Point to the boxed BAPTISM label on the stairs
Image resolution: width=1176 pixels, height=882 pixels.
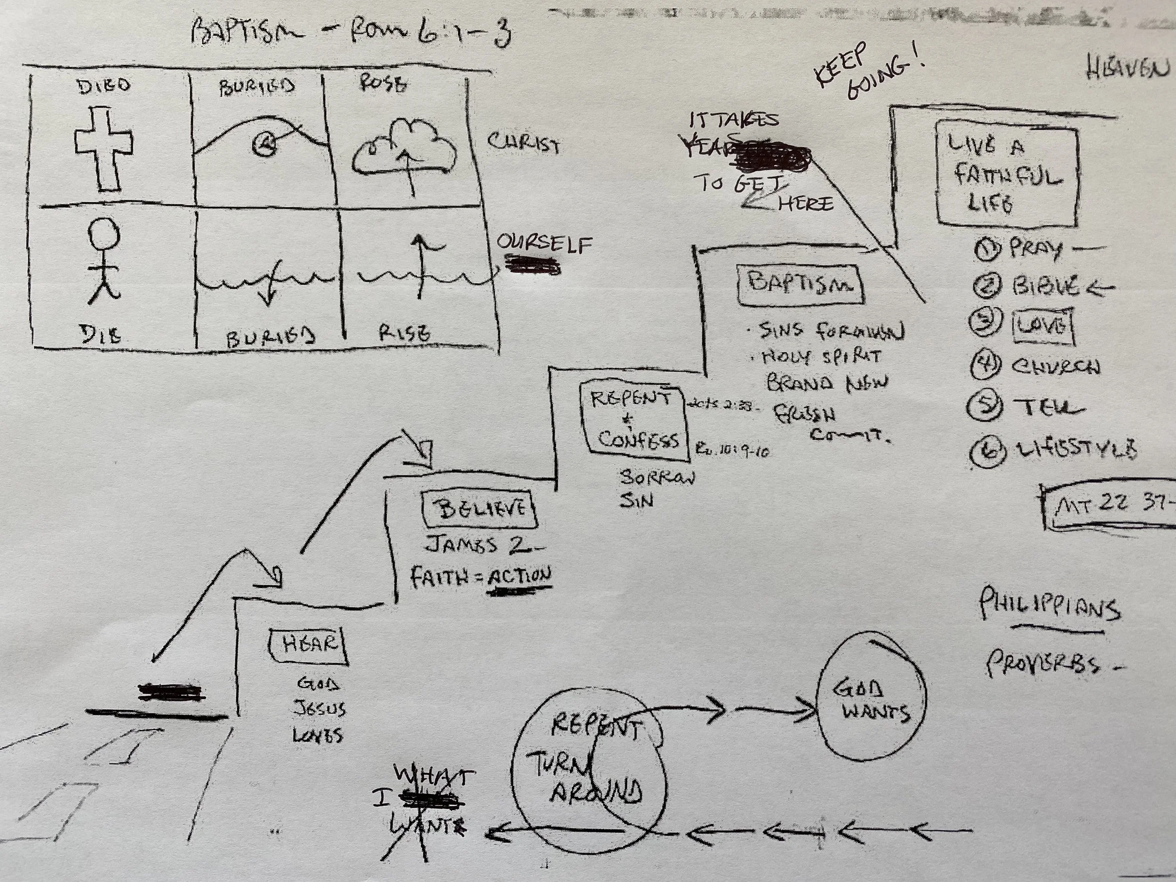(x=800, y=285)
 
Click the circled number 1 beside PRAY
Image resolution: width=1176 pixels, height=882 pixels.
(x=988, y=249)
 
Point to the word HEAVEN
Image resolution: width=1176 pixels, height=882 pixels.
(x=1127, y=81)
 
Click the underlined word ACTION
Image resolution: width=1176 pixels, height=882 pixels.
(x=519, y=577)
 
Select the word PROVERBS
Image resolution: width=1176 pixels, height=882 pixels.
(x=1042, y=665)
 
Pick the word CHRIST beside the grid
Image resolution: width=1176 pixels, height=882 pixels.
(x=523, y=143)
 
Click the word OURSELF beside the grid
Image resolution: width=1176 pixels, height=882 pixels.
(x=543, y=245)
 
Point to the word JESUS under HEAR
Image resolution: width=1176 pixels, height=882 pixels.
(x=319, y=709)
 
